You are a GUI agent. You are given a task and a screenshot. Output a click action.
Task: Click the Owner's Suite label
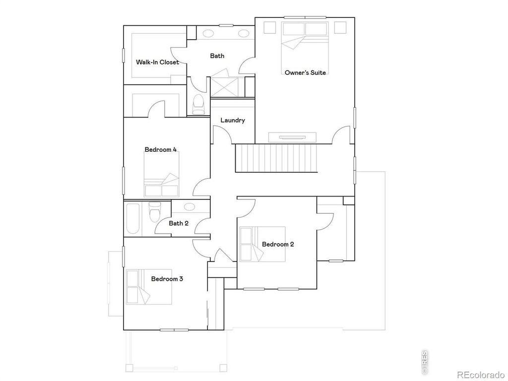click(x=305, y=72)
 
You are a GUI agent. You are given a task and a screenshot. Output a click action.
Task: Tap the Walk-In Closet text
click(x=157, y=63)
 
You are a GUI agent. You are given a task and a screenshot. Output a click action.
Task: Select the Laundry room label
click(x=233, y=120)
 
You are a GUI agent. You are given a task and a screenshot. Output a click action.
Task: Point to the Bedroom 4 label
click(x=161, y=149)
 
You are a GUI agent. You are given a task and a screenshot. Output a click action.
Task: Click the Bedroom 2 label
click(x=278, y=244)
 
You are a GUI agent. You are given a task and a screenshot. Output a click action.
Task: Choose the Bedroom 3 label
click(x=167, y=279)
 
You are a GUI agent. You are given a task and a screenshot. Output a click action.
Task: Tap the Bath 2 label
click(x=179, y=223)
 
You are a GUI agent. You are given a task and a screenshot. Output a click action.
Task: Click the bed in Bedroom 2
click(x=262, y=244)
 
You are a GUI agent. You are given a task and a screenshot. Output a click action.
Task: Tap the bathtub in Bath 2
click(x=132, y=219)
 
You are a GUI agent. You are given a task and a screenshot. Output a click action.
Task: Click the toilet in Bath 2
click(x=154, y=212)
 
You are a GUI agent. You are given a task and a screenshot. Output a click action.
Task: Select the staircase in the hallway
click(x=275, y=159)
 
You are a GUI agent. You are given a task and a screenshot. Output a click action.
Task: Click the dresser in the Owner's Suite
click(x=293, y=137)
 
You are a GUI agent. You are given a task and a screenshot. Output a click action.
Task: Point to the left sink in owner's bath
click(x=208, y=34)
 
